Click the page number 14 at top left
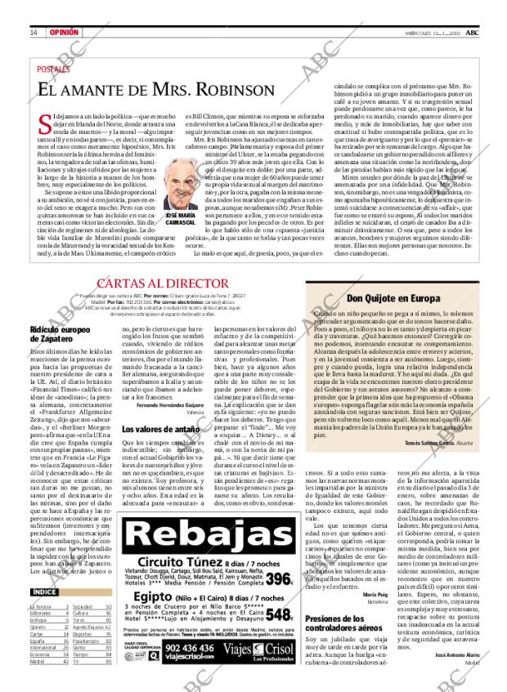click(x=34, y=32)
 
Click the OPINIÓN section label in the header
click(x=64, y=32)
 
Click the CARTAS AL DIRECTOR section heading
click(x=185, y=284)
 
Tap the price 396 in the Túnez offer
click(x=277, y=579)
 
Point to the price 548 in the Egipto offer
click(x=277, y=614)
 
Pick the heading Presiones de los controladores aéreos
click(x=340, y=624)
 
